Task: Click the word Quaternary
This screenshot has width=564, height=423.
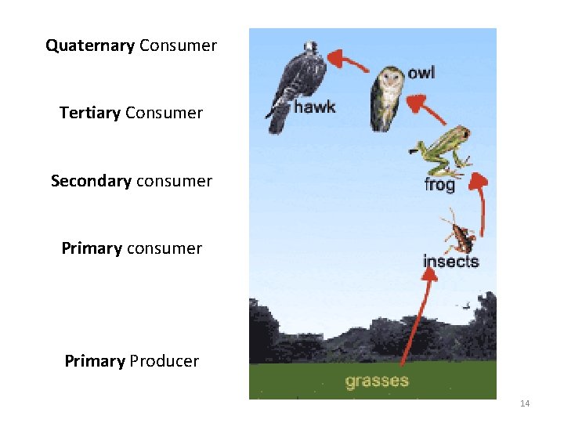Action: [90, 45]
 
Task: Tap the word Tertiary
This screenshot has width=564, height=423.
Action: [89, 113]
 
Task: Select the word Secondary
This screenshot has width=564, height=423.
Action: [91, 181]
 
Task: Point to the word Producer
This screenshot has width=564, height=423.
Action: [164, 361]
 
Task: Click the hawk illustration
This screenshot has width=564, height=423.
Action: [291, 82]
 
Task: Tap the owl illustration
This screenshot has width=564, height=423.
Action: [385, 97]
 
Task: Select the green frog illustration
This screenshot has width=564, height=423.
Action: [441, 150]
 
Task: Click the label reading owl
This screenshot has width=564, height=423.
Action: [421, 73]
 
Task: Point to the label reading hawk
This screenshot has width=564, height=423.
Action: [314, 107]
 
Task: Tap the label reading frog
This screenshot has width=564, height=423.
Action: [439, 186]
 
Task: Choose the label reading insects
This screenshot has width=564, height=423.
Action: [450, 261]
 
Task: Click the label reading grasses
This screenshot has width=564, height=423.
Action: [377, 381]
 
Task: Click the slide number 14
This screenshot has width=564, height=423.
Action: [525, 403]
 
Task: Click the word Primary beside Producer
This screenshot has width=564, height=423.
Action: [94, 361]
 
